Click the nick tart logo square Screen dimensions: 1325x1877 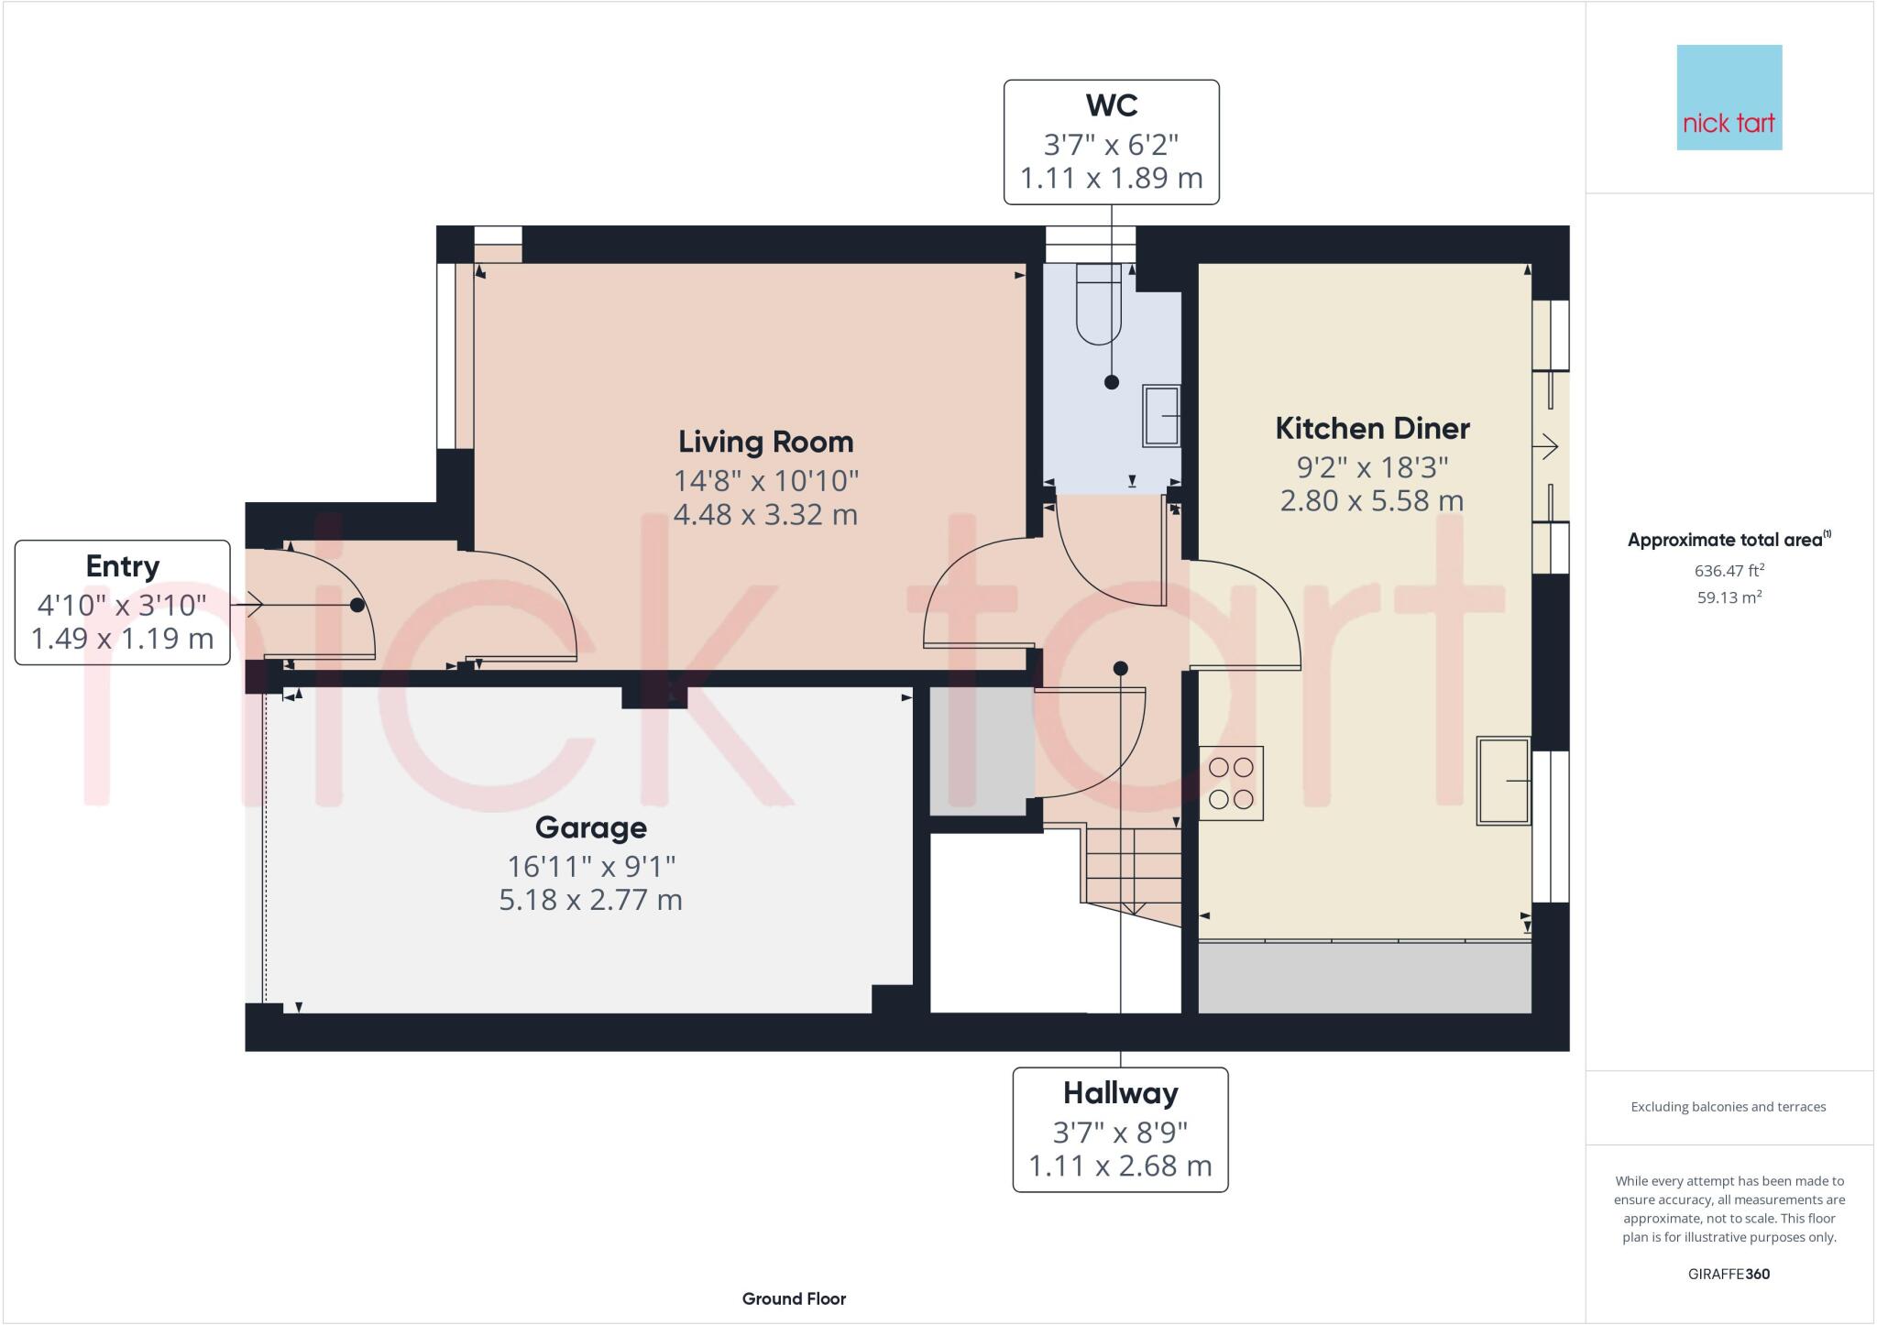click(1729, 97)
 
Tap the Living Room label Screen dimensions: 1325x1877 click(765, 442)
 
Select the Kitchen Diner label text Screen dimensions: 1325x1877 click(1372, 428)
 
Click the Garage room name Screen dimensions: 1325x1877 click(590, 827)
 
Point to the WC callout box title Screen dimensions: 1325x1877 click(1111, 105)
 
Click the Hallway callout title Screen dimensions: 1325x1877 click(1120, 1093)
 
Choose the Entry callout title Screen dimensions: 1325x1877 click(122, 566)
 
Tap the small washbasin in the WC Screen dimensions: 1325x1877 click(1161, 416)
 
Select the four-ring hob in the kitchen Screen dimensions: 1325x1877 click(1231, 783)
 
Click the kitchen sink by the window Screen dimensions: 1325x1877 click(1503, 781)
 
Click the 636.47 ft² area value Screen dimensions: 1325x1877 click(1729, 571)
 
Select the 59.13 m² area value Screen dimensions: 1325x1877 click(1729, 597)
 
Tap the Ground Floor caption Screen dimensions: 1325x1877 click(794, 1298)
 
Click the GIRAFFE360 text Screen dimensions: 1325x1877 click(1729, 1274)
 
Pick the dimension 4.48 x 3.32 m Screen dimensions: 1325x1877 click(765, 514)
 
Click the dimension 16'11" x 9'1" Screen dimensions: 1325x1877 click(590, 865)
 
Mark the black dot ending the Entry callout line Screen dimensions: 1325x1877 click(357, 605)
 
